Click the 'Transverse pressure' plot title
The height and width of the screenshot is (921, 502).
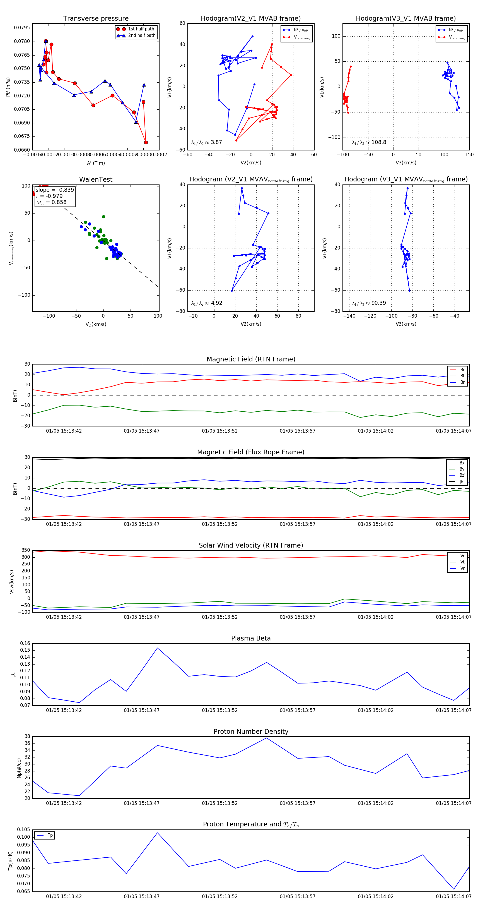coord(96,19)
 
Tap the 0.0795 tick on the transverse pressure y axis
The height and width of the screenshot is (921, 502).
coord(22,28)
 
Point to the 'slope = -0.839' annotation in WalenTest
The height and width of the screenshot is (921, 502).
coord(55,190)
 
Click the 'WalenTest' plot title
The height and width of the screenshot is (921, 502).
coord(96,179)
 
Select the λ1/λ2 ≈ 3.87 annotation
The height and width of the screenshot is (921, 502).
coord(206,142)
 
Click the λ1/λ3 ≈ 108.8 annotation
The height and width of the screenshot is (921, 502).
coord(369,142)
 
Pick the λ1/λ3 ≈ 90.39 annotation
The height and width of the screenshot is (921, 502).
coord(369,303)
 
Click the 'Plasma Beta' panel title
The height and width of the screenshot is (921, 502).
coord(251,639)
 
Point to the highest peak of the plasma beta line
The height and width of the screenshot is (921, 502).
coord(157,648)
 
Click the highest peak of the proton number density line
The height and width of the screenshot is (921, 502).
coord(266,738)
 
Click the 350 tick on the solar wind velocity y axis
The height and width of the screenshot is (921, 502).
coord(26,550)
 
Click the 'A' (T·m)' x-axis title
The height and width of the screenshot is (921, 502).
coord(96,163)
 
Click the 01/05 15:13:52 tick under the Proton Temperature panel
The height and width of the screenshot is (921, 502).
coord(220,896)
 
